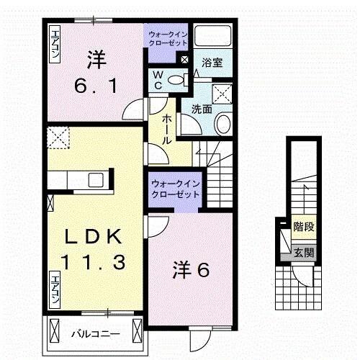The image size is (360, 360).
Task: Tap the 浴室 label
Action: (212, 62)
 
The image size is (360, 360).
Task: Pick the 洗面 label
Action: (201, 109)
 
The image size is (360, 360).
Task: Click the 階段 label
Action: (303, 228)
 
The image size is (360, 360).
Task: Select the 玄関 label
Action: (303, 253)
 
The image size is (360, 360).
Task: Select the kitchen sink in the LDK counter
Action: (96, 179)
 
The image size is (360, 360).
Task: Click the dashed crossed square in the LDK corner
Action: (57, 135)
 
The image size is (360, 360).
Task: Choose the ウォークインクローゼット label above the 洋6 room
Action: (174, 189)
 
